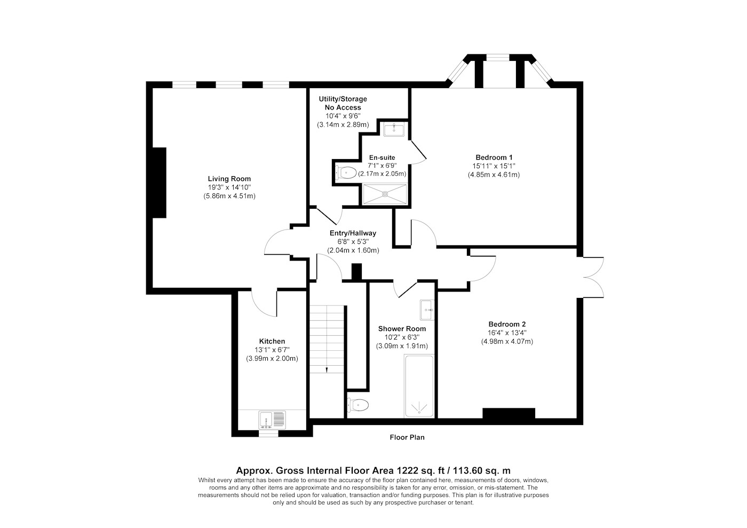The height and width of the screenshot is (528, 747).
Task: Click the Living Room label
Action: coord(229,179)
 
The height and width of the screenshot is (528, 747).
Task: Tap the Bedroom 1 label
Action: coord(494,157)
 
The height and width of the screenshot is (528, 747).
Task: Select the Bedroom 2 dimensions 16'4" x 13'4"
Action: coord(507,333)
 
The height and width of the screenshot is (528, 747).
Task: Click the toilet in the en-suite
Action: coord(346,172)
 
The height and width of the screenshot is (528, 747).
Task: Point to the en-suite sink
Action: coord(394,129)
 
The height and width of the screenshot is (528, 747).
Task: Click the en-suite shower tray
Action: coord(385,194)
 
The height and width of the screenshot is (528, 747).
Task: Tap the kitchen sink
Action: coord(272,420)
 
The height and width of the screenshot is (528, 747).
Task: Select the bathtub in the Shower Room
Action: coord(419,386)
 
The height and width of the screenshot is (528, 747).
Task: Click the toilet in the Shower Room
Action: coord(358,405)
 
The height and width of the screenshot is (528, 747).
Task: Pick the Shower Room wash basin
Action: coord(427,310)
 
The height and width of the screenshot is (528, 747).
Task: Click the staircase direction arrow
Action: coord(327,369)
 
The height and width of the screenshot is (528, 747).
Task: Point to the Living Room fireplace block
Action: coord(160,183)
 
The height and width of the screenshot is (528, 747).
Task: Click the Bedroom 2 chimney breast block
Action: coord(509,413)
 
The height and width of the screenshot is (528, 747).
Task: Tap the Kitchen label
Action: coord(272,342)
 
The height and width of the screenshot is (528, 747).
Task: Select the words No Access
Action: coord(343,107)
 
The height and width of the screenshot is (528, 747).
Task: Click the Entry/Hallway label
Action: coord(353,233)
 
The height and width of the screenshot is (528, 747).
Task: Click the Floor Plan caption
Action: coord(407,437)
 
